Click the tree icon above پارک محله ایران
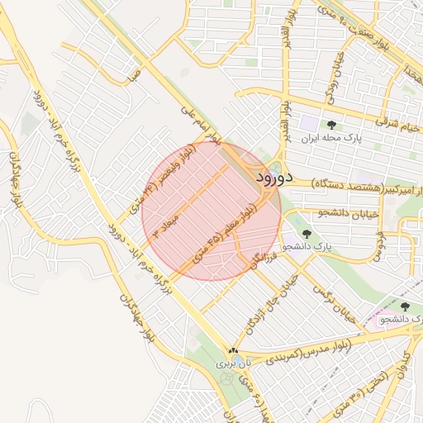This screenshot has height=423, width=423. coord(331,125)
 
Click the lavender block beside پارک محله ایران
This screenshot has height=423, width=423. coord(307,122)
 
